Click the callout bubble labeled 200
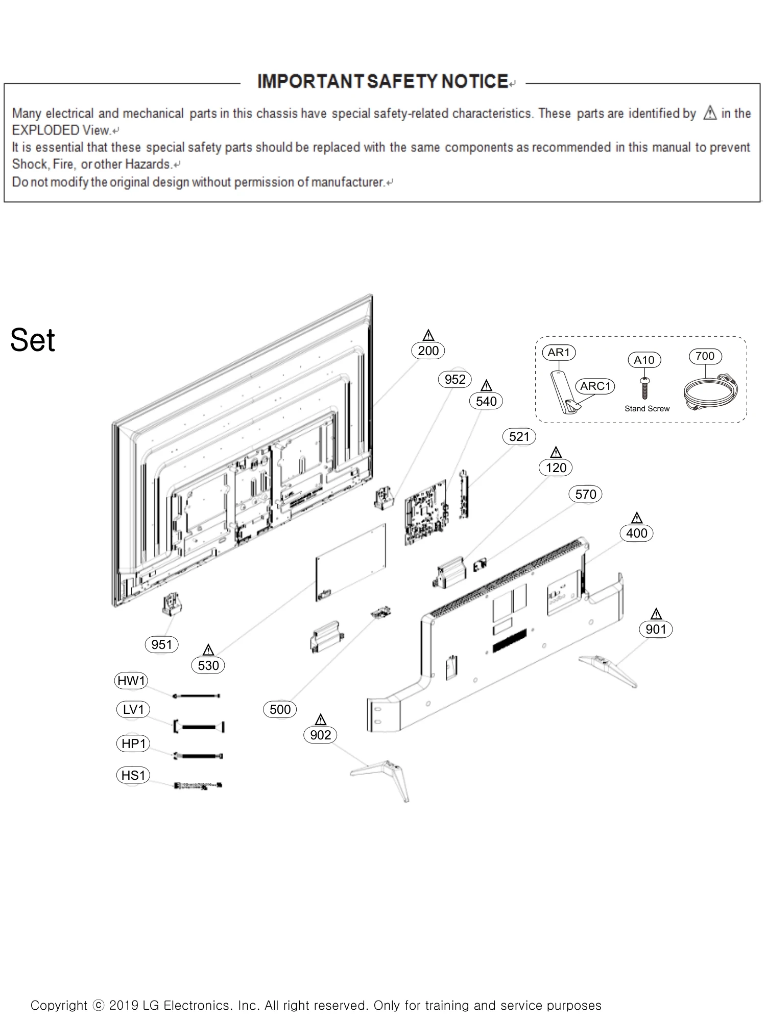pyautogui.click(x=428, y=351)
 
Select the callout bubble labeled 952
pyautogui.click(x=454, y=379)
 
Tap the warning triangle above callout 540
pyautogui.click(x=487, y=386)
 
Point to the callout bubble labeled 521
pyautogui.click(x=519, y=436)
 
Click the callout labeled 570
pyautogui.click(x=585, y=494)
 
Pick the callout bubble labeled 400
pyautogui.click(x=636, y=533)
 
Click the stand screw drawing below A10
pyautogui.click(x=644, y=389)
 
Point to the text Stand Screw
pyautogui.click(x=647, y=409)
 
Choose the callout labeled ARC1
pyautogui.click(x=595, y=386)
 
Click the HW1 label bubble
pyautogui.click(x=131, y=681)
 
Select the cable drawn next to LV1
pyautogui.click(x=199, y=727)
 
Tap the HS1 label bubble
pyautogui.click(x=133, y=775)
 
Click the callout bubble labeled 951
pyautogui.click(x=161, y=645)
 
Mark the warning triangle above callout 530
pyautogui.click(x=208, y=650)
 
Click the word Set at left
pyautogui.click(x=33, y=340)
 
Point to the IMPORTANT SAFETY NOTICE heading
pyautogui.click(x=382, y=82)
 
